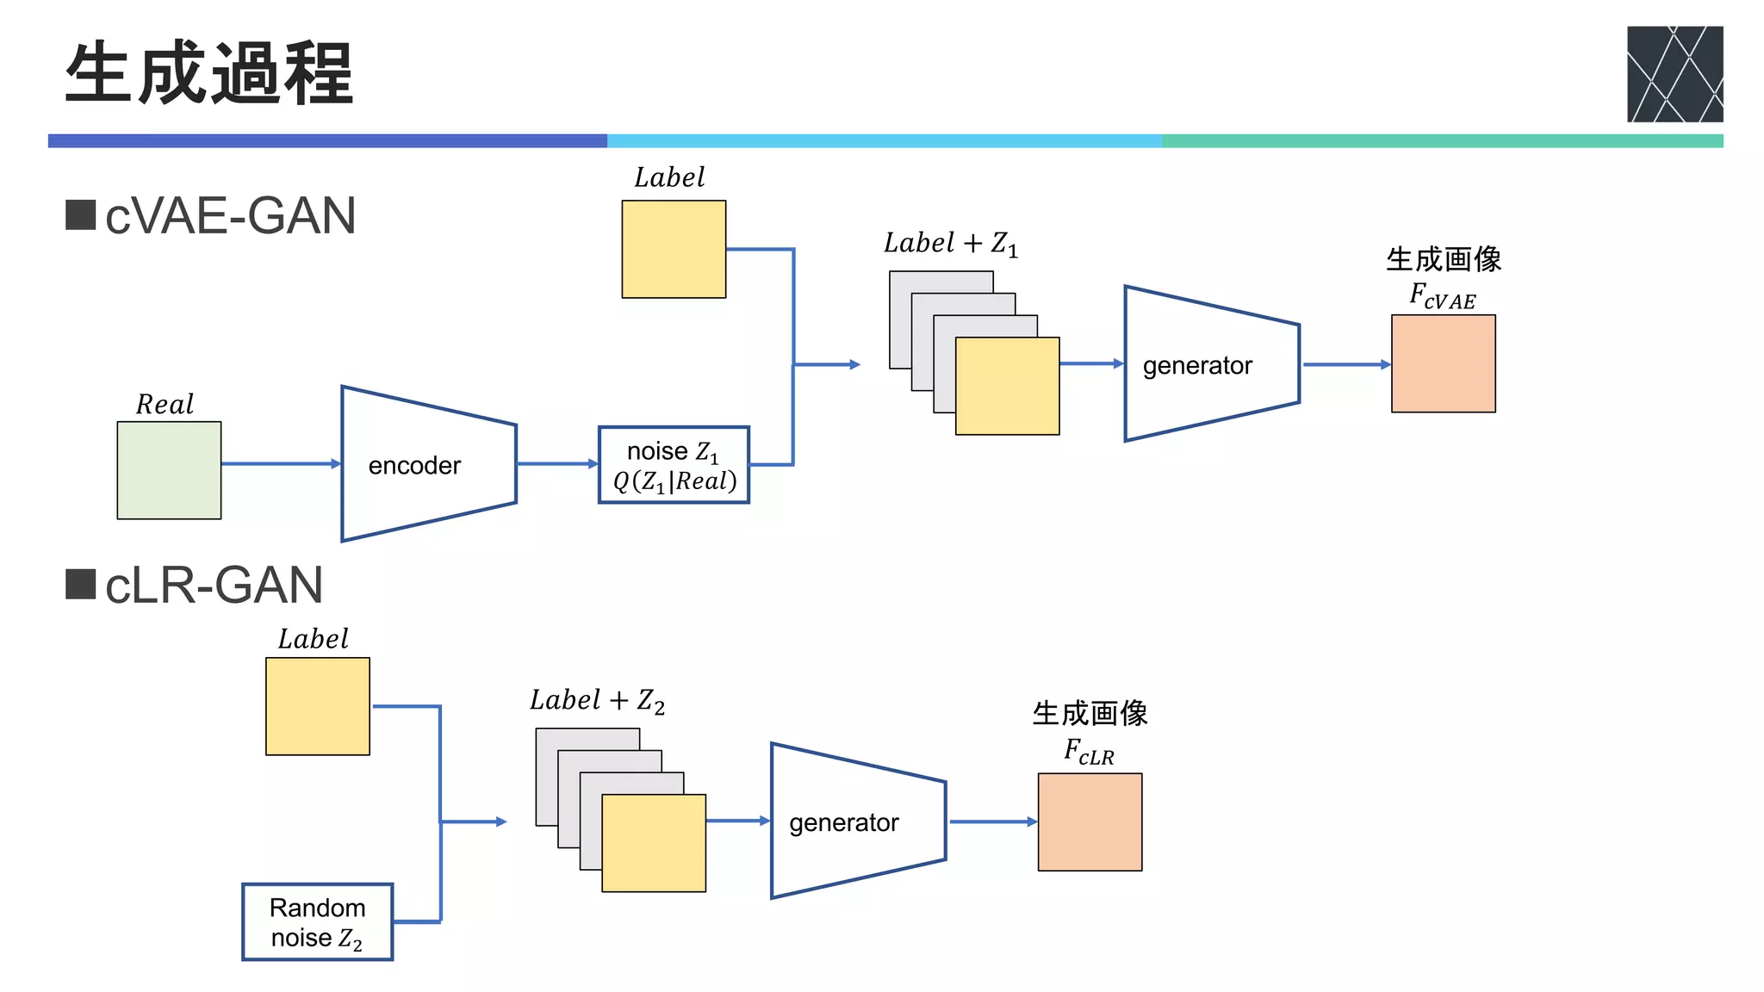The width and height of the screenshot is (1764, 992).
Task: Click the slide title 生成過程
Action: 209,74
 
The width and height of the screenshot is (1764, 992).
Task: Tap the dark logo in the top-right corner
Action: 1674,74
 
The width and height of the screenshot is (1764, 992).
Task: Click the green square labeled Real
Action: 169,470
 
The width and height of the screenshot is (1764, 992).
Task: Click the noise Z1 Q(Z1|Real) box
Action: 674,465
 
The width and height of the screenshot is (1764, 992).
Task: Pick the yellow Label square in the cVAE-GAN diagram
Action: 674,250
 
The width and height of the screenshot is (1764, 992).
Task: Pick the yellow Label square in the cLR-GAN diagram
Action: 318,706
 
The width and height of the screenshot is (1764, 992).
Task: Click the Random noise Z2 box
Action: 317,921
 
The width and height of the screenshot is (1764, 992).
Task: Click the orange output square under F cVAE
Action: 1443,363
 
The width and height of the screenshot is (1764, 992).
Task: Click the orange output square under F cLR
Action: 1090,821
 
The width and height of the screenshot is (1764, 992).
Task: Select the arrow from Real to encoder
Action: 280,464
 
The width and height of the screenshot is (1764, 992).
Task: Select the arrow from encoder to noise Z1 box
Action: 556,464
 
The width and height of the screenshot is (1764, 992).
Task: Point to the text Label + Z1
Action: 950,244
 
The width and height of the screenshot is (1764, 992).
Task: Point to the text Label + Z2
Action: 597,701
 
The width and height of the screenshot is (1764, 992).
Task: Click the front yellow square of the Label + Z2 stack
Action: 654,843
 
